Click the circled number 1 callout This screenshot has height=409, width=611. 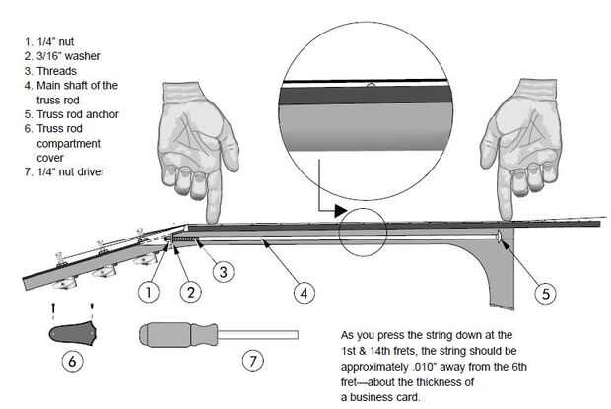coord(149,292)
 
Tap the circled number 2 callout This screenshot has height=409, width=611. coord(191,292)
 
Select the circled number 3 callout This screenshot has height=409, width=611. coord(224,271)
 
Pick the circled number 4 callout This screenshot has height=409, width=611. coord(304,293)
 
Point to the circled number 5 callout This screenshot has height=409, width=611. coord(546,294)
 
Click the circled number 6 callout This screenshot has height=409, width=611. coord(73,361)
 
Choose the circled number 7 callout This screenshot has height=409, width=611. coord(253,361)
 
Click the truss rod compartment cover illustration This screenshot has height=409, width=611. coord(73,334)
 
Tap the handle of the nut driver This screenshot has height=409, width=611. coord(178,335)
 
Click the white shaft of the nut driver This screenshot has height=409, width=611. coord(258,335)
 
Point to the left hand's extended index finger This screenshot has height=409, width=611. coord(214,197)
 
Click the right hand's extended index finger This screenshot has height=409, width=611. coord(506,193)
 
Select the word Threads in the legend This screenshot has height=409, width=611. coord(56,71)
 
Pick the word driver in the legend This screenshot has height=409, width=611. coord(91,171)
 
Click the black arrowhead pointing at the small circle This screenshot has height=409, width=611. coord(341,211)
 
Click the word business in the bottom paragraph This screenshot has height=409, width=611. coord(379,397)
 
